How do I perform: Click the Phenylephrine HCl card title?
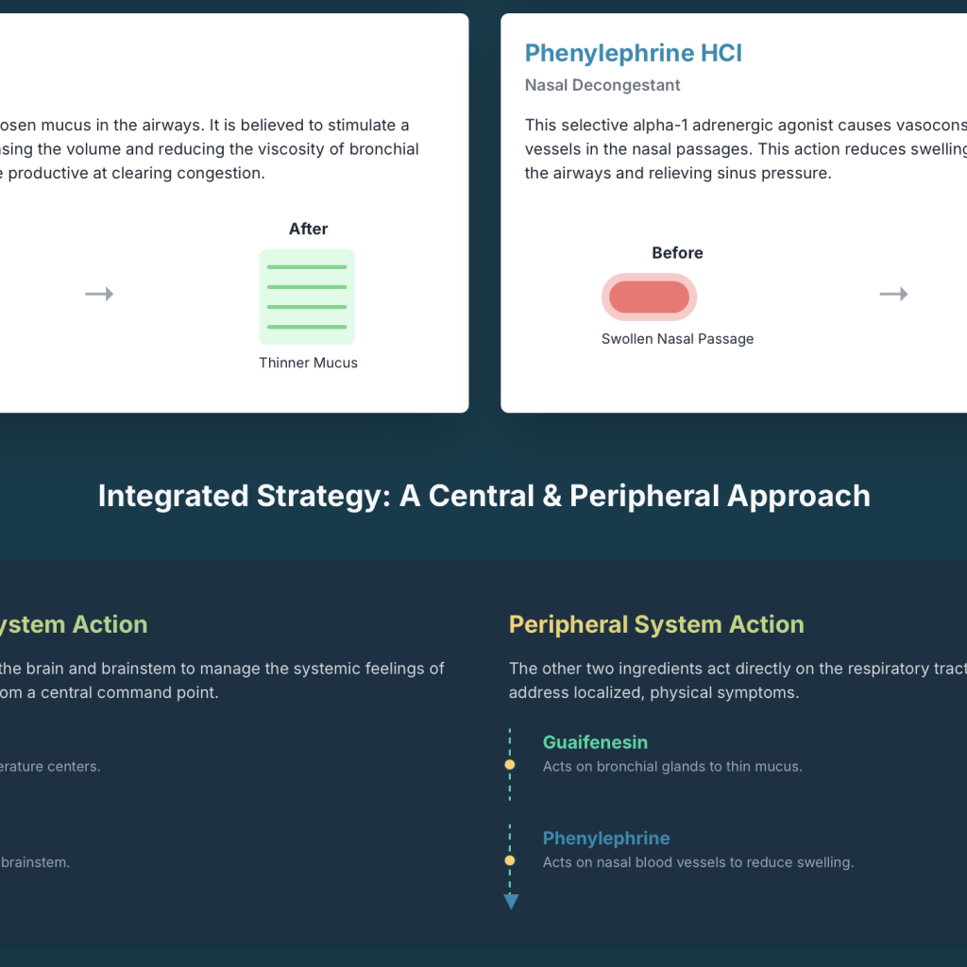634,53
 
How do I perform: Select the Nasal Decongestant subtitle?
602,85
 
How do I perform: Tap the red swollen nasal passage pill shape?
649,297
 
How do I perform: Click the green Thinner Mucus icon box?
307,297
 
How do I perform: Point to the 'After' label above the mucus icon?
309,229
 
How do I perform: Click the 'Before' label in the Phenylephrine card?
677,253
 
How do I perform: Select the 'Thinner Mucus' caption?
309,363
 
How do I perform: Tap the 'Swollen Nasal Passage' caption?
677,339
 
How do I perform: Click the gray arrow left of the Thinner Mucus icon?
99,295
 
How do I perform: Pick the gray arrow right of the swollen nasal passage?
893,295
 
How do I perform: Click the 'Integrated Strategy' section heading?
484,496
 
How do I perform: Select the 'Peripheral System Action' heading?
656,624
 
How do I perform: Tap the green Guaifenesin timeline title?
595,742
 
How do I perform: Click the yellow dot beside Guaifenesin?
509,765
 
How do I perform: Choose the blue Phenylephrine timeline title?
606,839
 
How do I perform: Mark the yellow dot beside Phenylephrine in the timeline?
509,860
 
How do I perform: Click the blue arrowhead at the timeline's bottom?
511,902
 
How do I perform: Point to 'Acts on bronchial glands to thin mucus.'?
672,767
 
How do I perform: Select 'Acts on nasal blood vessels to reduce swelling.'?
698,862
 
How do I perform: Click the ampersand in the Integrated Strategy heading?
552,497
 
